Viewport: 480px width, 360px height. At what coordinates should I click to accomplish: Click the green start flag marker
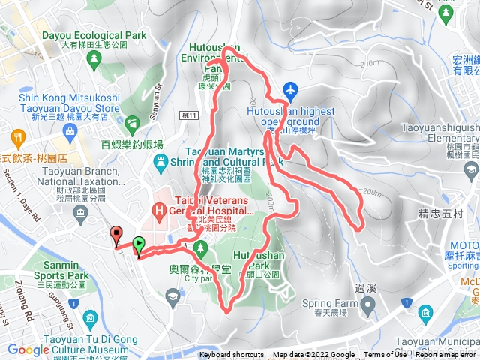click(139, 245)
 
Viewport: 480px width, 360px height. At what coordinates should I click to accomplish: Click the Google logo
click(28, 349)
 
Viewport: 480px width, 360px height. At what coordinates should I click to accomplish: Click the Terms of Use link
click(383, 355)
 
